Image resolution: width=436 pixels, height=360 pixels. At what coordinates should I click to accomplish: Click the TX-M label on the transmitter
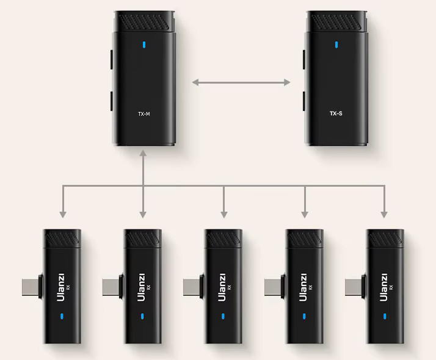(144, 113)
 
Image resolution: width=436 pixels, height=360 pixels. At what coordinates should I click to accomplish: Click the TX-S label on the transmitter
(336, 113)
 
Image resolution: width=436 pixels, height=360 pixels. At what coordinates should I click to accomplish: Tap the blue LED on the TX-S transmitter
(336, 45)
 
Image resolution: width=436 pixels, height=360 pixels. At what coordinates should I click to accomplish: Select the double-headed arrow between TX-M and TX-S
(241, 81)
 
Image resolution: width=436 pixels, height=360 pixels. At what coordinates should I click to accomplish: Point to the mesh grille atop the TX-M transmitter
(144, 23)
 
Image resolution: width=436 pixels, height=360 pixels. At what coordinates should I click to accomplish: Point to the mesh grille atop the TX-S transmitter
(337, 23)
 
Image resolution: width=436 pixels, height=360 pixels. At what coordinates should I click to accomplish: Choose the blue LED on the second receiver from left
(142, 316)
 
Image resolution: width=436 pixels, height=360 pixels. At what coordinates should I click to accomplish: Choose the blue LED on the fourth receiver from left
(303, 316)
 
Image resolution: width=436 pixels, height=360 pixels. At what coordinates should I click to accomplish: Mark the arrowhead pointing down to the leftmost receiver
(62, 214)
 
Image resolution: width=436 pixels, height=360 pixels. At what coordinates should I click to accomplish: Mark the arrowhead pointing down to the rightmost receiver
(384, 214)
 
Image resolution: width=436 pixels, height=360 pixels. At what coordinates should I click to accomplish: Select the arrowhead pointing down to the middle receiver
(223, 214)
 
